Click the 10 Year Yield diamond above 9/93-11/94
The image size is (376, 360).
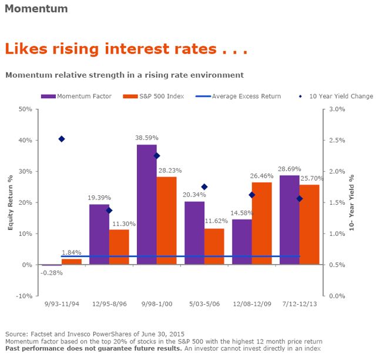click(62, 139)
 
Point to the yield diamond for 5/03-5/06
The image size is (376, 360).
click(204, 187)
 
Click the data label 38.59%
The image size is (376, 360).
click(146, 138)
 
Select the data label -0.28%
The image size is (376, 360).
click(51, 272)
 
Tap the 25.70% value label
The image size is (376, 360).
click(312, 178)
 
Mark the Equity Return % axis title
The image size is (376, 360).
click(10, 203)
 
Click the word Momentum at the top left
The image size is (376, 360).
click(36, 9)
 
